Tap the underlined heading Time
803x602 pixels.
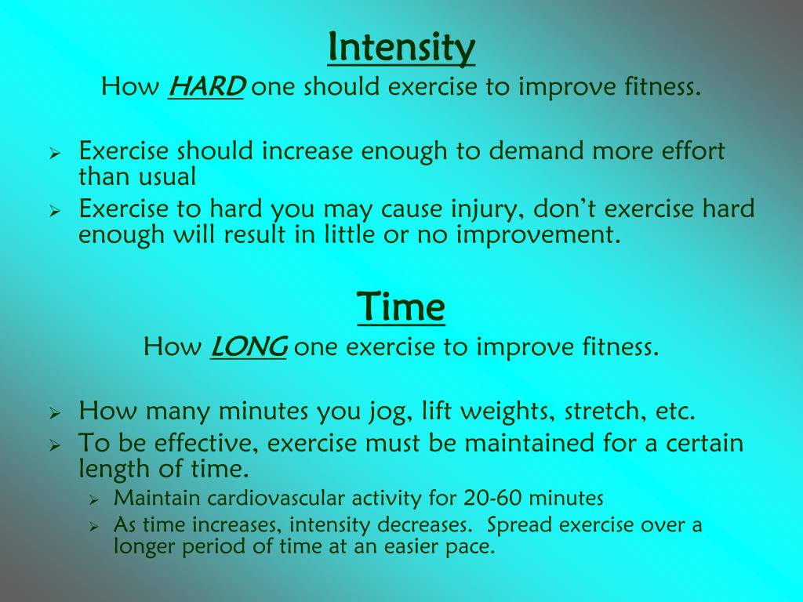[x=401, y=306]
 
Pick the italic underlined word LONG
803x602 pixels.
[x=249, y=346]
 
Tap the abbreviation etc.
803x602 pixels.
[x=674, y=411]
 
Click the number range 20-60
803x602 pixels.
[x=494, y=498]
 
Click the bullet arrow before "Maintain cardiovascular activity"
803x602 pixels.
[x=93, y=499]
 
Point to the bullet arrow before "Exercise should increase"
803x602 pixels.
[x=56, y=152]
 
